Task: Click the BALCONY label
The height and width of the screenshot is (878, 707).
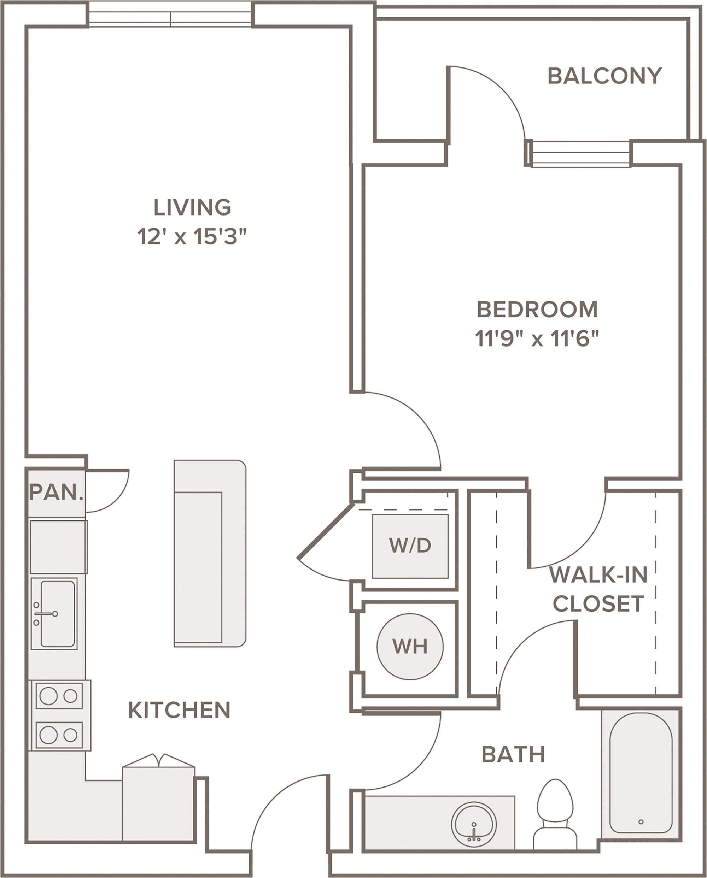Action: [x=604, y=76]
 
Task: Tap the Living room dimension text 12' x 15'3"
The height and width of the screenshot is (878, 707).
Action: [x=192, y=237]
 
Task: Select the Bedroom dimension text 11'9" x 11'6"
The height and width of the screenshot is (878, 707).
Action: [x=537, y=339]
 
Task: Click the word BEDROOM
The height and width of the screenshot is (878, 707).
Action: [x=537, y=310]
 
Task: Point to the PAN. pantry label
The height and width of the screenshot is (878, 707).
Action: [x=56, y=492]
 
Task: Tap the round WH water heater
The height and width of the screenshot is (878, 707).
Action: [x=410, y=647]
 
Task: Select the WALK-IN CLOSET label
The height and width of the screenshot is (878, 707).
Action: [x=598, y=589]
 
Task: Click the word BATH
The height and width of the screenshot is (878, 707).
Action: [x=513, y=755]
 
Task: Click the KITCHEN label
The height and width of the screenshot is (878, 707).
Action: [x=179, y=710]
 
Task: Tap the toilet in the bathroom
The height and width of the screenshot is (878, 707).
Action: [x=555, y=814]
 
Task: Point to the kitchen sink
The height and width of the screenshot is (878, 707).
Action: [x=54, y=613]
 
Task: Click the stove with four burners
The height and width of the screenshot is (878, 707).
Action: [x=59, y=715]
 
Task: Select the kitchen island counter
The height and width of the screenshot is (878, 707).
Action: [x=210, y=553]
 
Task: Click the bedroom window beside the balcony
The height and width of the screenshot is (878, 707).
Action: [x=580, y=153]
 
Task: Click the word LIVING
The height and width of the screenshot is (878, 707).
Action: [x=192, y=207]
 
